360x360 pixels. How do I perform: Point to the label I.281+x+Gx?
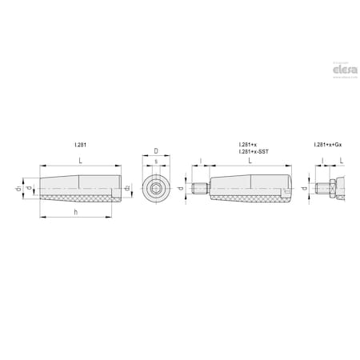329,145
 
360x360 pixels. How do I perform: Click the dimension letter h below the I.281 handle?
75,211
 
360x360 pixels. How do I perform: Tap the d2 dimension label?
128,190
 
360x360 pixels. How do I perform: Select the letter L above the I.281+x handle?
252,162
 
